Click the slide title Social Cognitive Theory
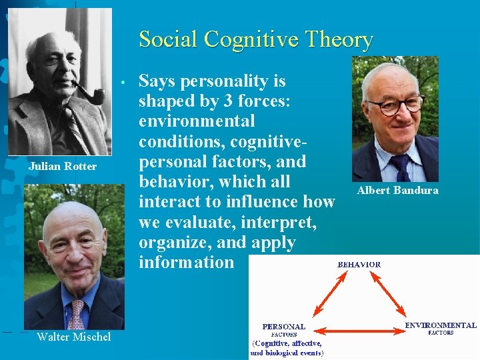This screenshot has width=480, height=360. point(255,40)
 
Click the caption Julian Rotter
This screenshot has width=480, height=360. point(63,166)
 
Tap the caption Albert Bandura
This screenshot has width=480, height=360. point(397,191)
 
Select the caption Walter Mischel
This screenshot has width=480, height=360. point(73,337)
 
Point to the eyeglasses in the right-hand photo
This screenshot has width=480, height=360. point(395,105)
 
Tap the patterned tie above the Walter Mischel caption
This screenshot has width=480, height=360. point(77,314)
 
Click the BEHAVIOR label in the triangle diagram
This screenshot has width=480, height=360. point(359,264)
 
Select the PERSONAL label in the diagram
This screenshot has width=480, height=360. point(284,327)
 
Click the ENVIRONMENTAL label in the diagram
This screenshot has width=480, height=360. point(441,325)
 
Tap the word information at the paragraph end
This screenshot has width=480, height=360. point(187,262)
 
